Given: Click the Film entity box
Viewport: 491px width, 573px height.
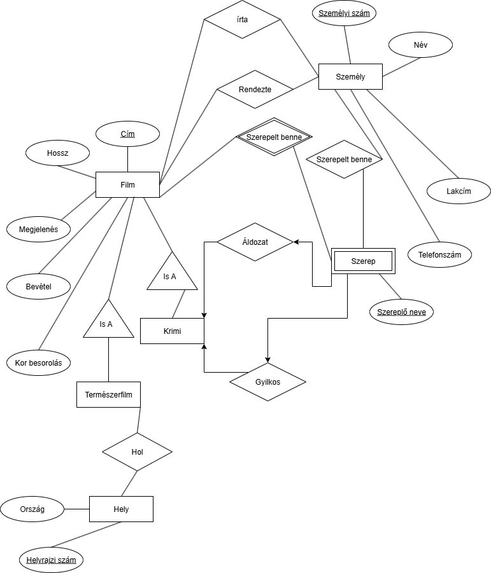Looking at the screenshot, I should pos(127,184).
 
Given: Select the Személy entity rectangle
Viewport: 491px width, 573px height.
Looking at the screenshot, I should pos(350,76).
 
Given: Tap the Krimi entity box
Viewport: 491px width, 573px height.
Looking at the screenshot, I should pos(171,331).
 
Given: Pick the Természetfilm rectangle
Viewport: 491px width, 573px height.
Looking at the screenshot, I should pos(108,394).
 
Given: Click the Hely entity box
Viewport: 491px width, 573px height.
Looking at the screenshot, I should pos(121,509).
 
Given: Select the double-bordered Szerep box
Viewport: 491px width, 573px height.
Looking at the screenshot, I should pos(363,261).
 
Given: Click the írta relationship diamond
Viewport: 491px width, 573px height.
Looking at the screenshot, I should pos(242,19).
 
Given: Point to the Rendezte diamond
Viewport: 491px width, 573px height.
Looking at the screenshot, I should pos(255,89).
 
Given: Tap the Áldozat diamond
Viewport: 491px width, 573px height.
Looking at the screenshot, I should pos(255,242).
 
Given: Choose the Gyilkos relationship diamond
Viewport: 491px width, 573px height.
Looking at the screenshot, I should pos(267,382).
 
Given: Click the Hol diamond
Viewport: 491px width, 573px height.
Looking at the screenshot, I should pos(137,452).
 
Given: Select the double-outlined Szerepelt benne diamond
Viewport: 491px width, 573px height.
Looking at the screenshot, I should pos(274,136).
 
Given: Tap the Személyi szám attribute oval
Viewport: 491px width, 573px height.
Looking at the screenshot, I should pos(344,13).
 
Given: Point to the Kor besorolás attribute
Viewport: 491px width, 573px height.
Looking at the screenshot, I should pos(38,362).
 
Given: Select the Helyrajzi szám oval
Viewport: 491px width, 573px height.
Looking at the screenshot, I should pos(51,560).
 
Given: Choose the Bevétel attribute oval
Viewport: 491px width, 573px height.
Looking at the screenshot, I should pos(38,286).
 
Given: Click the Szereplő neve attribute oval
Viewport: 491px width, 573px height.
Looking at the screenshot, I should pos(401,312).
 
